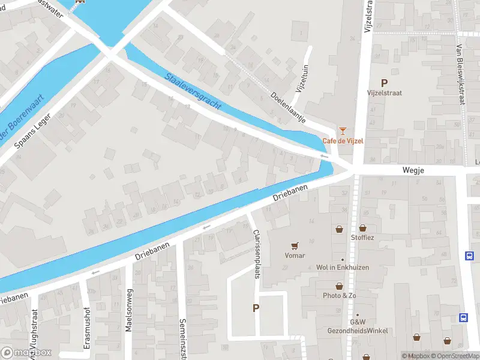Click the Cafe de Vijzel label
(x=343, y=141)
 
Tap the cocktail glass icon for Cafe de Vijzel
(x=343, y=130)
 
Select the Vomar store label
(x=295, y=256)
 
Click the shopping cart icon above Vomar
(x=294, y=245)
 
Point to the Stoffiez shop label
(x=362, y=238)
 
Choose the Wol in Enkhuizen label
(x=343, y=268)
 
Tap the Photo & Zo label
(x=340, y=296)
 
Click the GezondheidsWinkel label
(x=357, y=331)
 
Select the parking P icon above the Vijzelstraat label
(x=384, y=83)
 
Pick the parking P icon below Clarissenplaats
(x=256, y=308)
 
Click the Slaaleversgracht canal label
(x=193, y=91)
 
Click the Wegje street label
(x=413, y=171)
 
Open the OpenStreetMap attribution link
(x=452, y=356)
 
